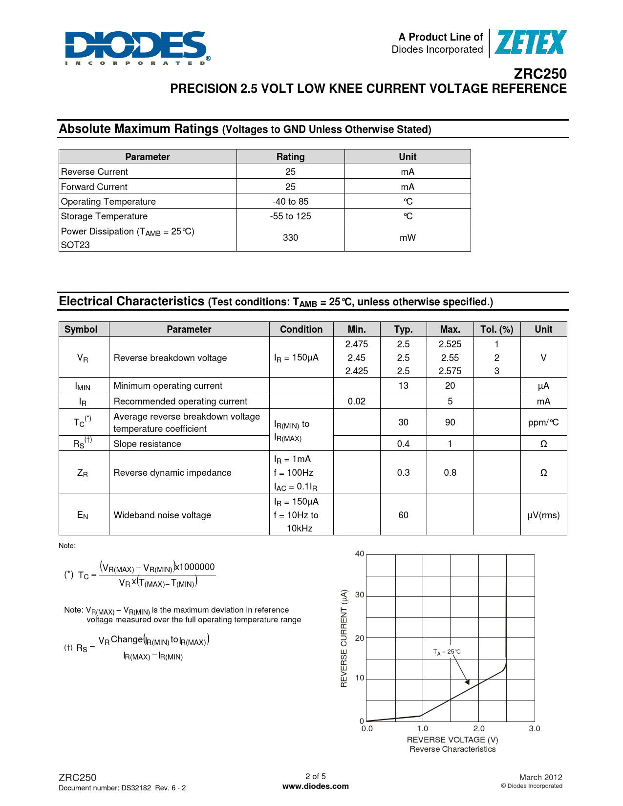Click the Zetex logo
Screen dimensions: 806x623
point(531,43)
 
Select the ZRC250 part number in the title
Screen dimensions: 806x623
point(540,74)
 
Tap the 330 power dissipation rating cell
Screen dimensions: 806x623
point(290,237)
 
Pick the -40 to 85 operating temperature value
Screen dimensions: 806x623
point(290,201)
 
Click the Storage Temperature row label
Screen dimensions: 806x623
point(104,216)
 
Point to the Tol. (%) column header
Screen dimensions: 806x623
point(496,329)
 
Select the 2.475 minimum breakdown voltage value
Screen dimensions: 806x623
point(356,344)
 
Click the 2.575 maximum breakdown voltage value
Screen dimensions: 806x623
point(450,371)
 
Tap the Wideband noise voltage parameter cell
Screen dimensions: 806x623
point(162,515)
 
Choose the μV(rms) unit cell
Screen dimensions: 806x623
point(543,515)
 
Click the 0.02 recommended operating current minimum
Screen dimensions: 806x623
point(356,401)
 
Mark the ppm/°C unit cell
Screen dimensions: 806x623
point(543,423)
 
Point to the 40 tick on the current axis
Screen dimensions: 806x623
point(360,554)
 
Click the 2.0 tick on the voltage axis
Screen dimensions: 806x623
point(479,728)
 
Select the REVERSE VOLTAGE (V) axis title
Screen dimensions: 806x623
point(452,740)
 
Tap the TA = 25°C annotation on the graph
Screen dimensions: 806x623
point(447,652)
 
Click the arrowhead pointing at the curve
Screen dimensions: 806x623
point(468,682)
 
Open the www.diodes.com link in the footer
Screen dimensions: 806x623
point(316,786)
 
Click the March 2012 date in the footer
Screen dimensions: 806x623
point(540,777)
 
